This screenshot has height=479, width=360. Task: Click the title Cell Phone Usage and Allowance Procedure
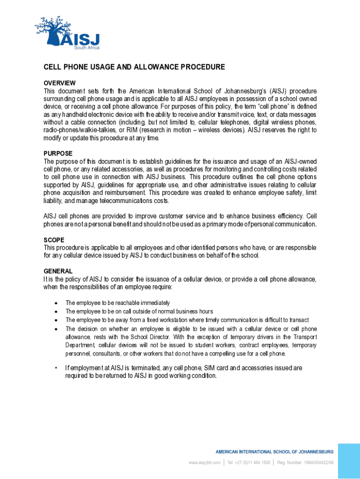pos(134,67)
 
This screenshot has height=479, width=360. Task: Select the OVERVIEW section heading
pos(60,83)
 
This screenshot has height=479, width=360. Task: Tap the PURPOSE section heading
pos(58,153)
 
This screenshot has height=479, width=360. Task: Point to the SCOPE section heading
pos(54,239)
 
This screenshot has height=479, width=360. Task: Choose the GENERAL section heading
pos(58,271)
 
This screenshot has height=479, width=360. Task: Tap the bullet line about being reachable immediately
pos(117,303)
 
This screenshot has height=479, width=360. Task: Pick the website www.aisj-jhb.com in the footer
pos(204,463)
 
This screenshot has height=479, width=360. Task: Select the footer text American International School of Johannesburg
pos(274,452)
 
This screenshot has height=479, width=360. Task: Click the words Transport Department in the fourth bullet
pos(299,341)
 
